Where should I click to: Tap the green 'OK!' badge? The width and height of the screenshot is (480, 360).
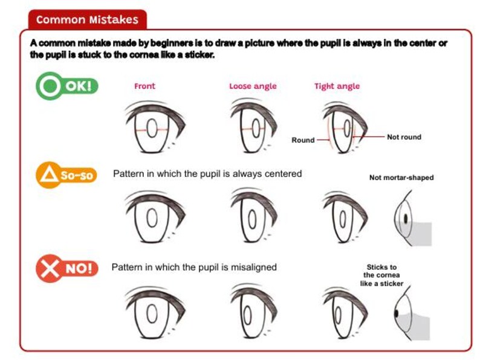click(x=67, y=86)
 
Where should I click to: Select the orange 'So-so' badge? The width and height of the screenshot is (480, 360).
click(x=67, y=176)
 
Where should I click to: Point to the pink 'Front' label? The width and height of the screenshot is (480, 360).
click(x=144, y=86)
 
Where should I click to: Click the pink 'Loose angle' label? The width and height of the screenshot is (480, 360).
click(x=253, y=86)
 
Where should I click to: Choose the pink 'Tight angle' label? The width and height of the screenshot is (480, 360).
click(x=337, y=86)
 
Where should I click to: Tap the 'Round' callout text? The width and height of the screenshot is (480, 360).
click(x=303, y=140)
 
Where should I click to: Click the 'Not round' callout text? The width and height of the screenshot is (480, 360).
click(x=404, y=137)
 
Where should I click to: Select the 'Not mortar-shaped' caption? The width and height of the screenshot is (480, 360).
click(x=401, y=178)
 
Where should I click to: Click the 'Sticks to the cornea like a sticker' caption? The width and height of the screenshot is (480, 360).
click(x=381, y=275)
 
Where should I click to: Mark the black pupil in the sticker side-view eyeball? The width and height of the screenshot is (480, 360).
click(x=396, y=313)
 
